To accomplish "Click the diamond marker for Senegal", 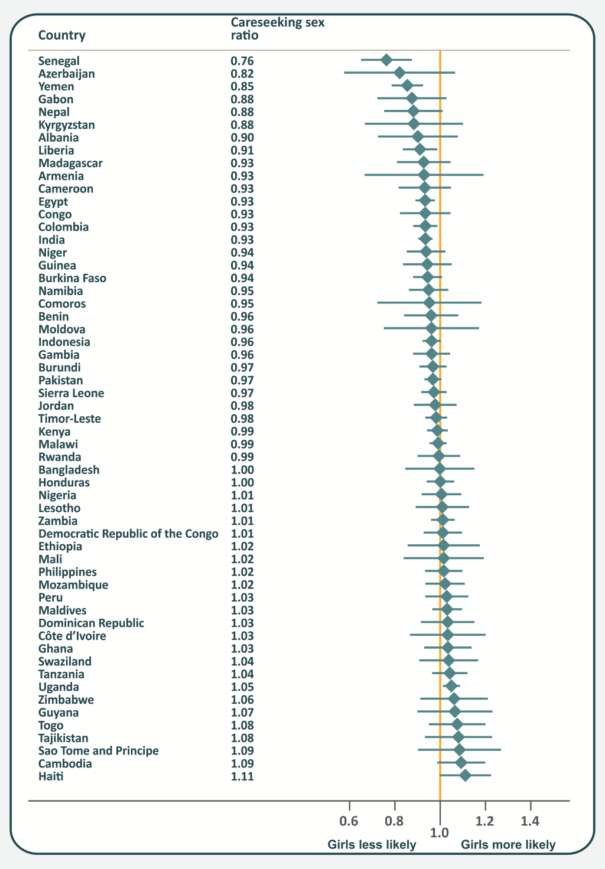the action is coord(386,60).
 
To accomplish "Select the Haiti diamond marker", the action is coord(465,776).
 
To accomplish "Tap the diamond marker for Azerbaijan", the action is coord(399,73).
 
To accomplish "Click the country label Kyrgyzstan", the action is coord(66,125).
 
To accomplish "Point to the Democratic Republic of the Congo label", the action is coord(128,534).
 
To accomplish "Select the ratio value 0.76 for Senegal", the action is coord(242,61).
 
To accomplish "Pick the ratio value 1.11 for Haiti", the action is coord(242,776).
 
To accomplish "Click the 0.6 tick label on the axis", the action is coord(349,821).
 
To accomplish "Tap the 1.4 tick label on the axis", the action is coord(530,821).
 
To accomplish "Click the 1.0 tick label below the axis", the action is coord(440,832).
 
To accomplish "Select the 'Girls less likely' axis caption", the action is coord(372,845).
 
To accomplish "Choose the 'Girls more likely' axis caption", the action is coord(508,845).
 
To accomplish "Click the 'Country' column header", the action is coord(62,35).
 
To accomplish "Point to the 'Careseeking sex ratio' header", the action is coord(277,29).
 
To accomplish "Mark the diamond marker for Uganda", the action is coord(451,686).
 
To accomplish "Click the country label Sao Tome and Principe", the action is coord(98,751).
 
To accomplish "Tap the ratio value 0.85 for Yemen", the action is coord(242,87).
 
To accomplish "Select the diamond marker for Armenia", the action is coord(424,175).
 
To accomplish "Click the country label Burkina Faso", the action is coord(72,278).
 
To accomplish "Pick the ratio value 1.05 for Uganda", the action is coord(242,687).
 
